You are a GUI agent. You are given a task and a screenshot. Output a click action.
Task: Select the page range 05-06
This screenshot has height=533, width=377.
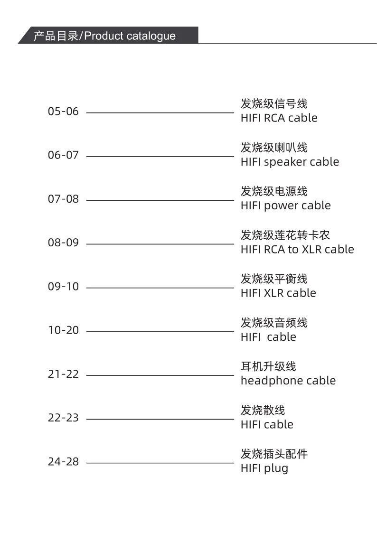coord(63,112)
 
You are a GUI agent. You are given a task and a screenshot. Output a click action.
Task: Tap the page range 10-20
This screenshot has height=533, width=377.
coord(63,331)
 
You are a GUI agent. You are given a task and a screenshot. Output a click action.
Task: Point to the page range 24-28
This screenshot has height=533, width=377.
coord(63,462)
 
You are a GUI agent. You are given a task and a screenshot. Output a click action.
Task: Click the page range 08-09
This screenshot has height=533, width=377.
coord(63,243)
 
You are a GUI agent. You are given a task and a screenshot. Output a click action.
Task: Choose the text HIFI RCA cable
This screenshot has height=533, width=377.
coord(279,118)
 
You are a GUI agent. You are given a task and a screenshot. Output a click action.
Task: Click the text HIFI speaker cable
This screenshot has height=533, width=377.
coord(290,162)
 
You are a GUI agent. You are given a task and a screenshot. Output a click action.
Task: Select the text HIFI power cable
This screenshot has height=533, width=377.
coord(285,206)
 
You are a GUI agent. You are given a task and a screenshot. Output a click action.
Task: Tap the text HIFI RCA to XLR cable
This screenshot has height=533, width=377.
coord(297,249)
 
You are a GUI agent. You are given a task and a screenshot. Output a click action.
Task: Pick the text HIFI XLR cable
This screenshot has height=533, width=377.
coord(278,293)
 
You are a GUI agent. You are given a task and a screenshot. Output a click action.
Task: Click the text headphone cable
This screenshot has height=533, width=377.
coord(288,381)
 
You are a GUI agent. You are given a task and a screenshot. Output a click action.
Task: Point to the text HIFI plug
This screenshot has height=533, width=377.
coord(264,468)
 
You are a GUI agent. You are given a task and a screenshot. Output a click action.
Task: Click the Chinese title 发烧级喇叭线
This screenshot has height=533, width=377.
coord(274,148)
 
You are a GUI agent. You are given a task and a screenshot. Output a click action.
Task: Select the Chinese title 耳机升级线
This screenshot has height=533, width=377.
coord(268,366)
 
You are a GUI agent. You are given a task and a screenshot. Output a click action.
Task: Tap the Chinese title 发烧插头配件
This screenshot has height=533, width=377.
coord(274,454)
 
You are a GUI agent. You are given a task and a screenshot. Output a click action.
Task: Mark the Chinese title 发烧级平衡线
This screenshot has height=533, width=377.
coord(274,279)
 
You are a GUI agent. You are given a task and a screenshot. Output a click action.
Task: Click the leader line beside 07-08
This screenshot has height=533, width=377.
coord(160,200)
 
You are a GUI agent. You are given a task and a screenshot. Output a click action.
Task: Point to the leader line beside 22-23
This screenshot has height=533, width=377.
coord(160,419)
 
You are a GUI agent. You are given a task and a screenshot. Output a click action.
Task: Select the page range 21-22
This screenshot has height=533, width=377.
coord(63,374)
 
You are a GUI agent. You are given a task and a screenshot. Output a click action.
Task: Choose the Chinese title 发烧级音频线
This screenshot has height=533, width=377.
coord(274,323)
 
